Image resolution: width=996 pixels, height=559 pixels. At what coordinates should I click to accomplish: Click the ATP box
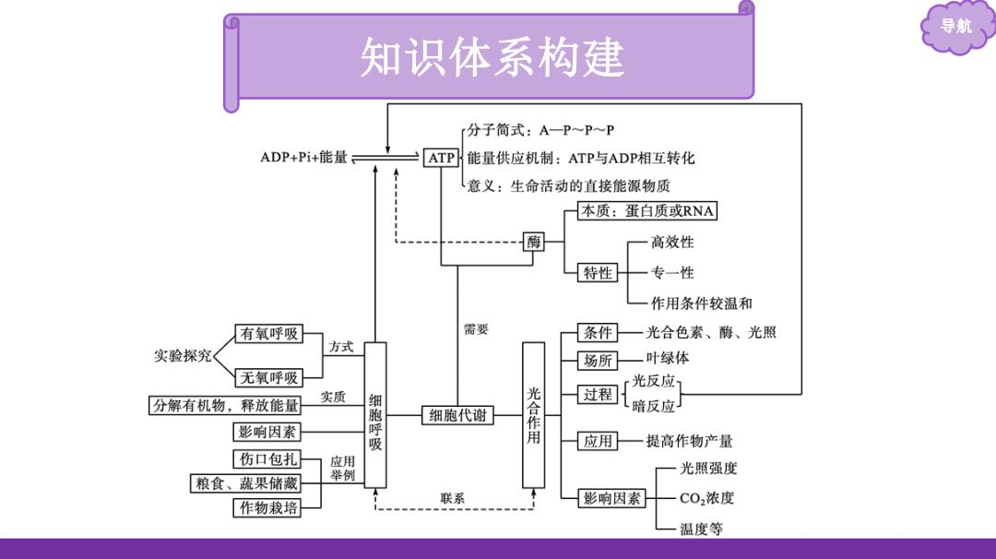[x=441, y=158]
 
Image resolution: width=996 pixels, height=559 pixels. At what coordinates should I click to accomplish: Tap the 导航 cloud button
[x=956, y=27]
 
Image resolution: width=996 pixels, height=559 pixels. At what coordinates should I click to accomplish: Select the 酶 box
[x=534, y=242]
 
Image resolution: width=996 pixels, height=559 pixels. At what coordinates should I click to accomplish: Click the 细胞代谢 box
[x=458, y=415]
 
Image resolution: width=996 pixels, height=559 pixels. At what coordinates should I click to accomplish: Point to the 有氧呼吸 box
[x=268, y=334]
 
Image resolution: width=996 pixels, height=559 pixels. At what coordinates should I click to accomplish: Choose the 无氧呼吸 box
[x=268, y=377]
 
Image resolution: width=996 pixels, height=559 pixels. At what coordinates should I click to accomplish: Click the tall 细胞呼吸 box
[x=374, y=415]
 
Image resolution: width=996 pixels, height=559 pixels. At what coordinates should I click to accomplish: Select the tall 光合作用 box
[x=534, y=415]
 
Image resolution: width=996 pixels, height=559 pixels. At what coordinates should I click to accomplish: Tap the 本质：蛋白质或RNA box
[x=647, y=211]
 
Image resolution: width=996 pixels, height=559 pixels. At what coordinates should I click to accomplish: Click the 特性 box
[x=597, y=272]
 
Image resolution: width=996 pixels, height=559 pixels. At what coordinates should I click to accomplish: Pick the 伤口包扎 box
[x=267, y=458]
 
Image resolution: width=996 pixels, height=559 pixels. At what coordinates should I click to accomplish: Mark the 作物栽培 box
[x=267, y=507]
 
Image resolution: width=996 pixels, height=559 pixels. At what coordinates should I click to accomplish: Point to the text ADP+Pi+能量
[x=303, y=157]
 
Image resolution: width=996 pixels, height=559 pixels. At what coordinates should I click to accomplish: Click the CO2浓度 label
[x=707, y=498]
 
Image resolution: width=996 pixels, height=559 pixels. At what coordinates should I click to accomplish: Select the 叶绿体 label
[x=668, y=358]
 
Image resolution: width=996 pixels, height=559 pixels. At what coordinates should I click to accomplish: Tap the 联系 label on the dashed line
[x=452, y=499]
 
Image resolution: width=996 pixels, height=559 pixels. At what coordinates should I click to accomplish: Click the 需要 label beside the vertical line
[x=476, y=329]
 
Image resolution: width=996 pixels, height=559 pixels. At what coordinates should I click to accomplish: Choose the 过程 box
[x=597, y=395]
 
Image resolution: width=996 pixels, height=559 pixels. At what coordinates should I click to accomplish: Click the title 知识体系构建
[x=492, y=57]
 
